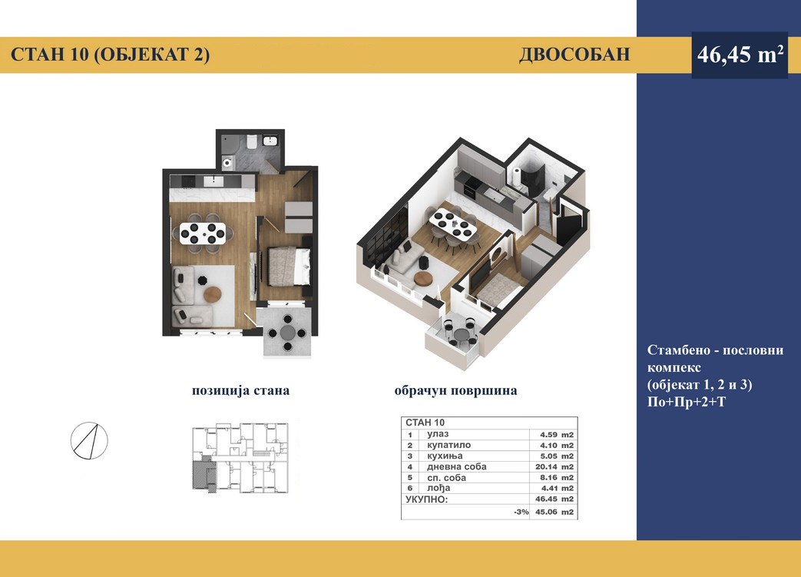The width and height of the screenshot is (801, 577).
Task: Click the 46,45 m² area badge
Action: click(740, 55)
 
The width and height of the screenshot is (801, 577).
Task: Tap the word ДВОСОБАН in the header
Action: click(574, 55)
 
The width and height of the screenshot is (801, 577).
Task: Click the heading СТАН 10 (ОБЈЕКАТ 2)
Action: click(110, 55)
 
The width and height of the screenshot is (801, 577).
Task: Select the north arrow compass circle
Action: click(89, 440)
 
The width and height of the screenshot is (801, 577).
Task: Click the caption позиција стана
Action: click(240, 390)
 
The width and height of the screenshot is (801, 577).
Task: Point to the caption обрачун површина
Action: click(455, 390)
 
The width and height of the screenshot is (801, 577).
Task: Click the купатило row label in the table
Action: click(448, 445)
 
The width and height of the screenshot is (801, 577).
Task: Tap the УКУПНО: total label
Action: click(426, 499)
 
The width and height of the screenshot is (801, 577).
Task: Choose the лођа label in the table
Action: click(439, 489)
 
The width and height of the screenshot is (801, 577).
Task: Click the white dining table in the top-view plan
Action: click(202, 234)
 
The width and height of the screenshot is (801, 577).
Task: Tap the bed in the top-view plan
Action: click(289, 266)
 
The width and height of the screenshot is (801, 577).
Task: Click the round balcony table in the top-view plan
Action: click(286, 333)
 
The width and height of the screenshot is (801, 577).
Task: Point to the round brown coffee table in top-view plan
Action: click(213, 294)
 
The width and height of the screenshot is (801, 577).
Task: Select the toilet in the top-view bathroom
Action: click(251, 141)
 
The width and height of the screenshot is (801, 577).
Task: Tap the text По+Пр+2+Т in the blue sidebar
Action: click(686, 403)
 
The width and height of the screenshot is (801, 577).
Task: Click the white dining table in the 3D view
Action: click(452, 225)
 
